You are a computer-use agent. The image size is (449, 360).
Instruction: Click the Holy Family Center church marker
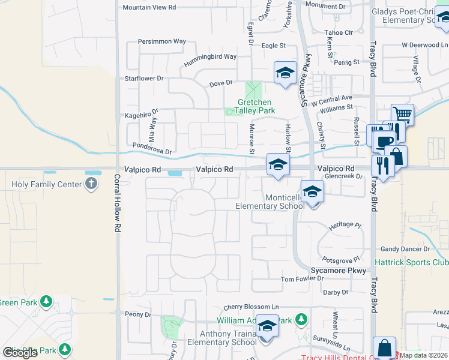tap(91, 184)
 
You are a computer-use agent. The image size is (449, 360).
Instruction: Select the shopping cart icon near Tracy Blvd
tap(402, 114)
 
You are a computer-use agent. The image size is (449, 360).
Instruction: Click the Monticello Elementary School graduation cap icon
tap(312, 192)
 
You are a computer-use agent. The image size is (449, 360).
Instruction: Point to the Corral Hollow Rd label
tap(116, 203)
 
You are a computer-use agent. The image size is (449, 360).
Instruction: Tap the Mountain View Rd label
tap(149, 7)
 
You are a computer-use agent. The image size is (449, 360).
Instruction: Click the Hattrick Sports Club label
tap(411, 262)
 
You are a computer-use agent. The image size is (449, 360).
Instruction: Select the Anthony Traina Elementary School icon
tap(268, 326)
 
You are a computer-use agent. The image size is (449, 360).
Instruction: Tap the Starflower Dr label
tap(143, 79)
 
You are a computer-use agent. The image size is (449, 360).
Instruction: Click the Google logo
tap(20, 353)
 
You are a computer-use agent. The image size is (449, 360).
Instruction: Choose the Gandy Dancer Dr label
tap(405, 249)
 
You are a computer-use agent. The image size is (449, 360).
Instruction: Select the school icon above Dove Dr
tap(285, 73)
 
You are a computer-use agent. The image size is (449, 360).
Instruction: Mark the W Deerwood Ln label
tap(424, 44)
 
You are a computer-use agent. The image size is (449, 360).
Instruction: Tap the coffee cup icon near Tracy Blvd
tap(384, 142)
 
